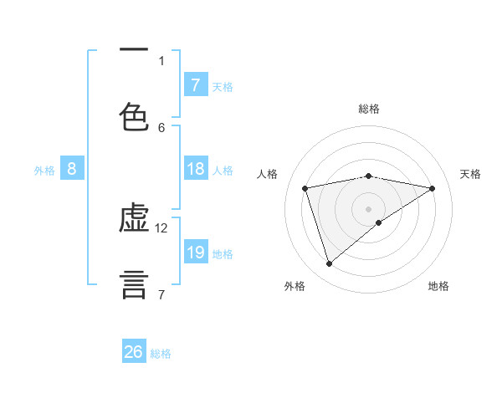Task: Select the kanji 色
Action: [134, 116]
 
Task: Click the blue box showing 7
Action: [195, 84]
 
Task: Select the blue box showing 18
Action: [195, 169]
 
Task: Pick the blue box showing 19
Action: [195, 253]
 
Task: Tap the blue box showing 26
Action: [134, 352]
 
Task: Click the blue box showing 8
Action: [72, 169]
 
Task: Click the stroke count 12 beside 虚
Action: [162, 227]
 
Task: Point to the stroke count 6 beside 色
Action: [161, 127]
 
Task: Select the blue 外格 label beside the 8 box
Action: [44, 170]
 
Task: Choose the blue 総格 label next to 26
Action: [161, 354]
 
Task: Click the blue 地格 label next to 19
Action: [223, 253]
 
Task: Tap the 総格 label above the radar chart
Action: [369, 109]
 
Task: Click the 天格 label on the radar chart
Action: [470, 174]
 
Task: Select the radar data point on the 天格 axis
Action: [433, 188]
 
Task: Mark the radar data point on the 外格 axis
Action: [329, 264]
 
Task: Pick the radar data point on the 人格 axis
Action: [305, 188]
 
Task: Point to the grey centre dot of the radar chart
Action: [369, 208]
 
